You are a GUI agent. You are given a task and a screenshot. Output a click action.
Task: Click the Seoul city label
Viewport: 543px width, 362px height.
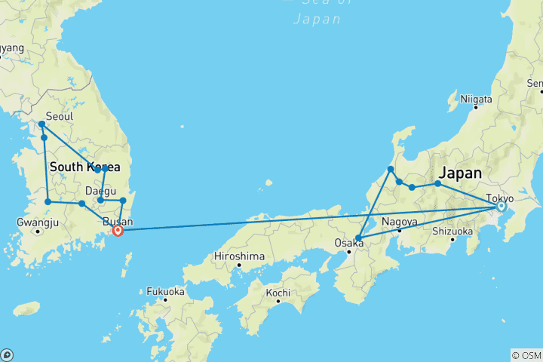pyautogui.click(x=60, y=117)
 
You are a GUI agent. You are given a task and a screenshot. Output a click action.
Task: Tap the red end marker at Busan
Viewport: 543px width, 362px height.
pyautogui.click(x=118, y=231)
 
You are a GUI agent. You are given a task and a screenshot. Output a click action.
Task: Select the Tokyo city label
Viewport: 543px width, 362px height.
pyautogui.click(x=499, y=198)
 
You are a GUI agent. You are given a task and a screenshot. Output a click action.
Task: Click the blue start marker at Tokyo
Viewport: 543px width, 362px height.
pyautogui.click(x=501, y=206)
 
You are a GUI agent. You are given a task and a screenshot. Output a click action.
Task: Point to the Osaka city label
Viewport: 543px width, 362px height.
pyautogui.click(x=348, y=243)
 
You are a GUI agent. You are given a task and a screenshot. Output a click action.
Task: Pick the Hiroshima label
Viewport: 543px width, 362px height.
pyautogui.click(x=240, y=256)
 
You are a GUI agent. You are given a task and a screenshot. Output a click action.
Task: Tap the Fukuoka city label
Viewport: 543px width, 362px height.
pyautogui.click(x=165, y=290)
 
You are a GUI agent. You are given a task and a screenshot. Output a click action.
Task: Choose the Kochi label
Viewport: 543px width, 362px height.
pyautogui.click(x=278, y=292)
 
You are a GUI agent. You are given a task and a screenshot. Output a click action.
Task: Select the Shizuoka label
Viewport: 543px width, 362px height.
pyautogui.click(x=452, y=232)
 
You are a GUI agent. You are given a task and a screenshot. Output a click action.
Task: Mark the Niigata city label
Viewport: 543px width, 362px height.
pyautogui.click(x=477, y=99)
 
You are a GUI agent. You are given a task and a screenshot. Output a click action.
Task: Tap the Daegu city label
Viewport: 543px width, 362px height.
pyautogui.click(x=100, y=192)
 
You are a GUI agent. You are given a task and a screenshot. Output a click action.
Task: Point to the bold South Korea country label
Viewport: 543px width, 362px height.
pyautogui.click(x=85, y=167)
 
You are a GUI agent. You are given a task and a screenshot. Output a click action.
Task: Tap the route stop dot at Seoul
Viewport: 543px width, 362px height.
pyautogui.click(x=41, y=124)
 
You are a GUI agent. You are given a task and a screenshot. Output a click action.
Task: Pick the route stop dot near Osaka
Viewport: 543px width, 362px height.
pyautogui.click(x=358, y=238)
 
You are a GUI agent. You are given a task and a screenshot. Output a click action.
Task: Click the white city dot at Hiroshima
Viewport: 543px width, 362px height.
pyautogui.click(x=239, y=265)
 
